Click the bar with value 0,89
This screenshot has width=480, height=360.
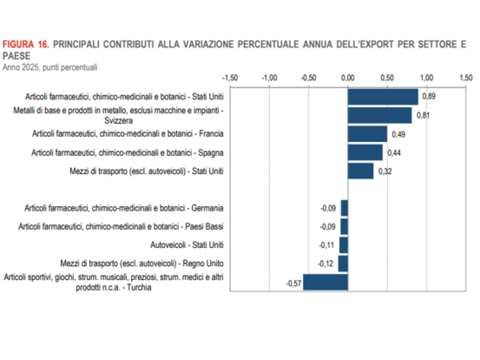[383, 97]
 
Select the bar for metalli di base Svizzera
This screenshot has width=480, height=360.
[380, 115]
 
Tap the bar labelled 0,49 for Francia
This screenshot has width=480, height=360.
[367, 134]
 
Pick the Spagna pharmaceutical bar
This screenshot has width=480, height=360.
[365, 152]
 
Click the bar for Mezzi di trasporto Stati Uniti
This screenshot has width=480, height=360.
[360, 171]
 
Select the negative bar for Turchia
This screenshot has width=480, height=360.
[325, 282]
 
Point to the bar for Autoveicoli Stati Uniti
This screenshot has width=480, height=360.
[344, 245]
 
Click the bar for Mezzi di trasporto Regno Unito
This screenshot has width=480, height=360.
[343, 263]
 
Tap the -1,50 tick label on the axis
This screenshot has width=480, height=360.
[230, 77]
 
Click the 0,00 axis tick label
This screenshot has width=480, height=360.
[348, 77]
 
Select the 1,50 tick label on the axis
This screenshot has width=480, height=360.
[466, 77]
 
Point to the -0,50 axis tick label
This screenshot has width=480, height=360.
[308, 77]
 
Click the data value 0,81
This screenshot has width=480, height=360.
[423, 115]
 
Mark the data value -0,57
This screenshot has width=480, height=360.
[293, 284]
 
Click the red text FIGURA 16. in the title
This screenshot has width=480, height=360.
[26, 44]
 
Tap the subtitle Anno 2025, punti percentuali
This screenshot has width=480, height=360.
[50, 68]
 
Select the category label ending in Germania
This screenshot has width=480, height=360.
[124, 208]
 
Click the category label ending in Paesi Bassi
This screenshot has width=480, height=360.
[121, 226]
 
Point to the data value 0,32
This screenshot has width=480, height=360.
[385, 171]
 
